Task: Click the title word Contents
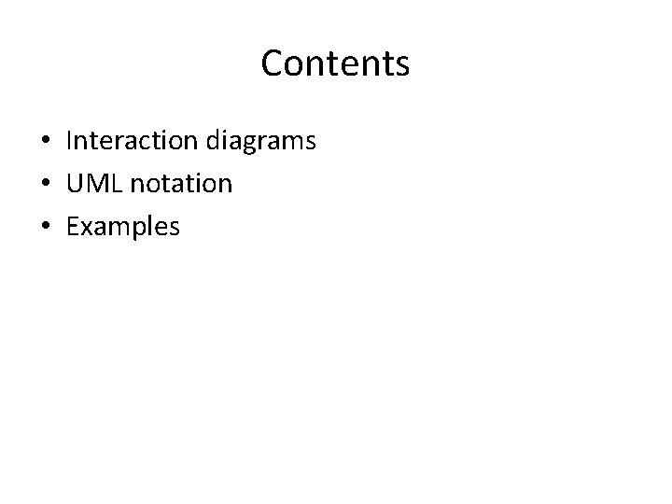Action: tap(335, 63)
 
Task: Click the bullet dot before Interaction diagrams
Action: tap(45, 142)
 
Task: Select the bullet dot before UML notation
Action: tap(45, 185)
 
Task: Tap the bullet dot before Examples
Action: tap(45, 227)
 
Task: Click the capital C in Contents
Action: tap(274, 63)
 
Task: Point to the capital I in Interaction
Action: tap(70, 141)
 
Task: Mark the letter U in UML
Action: tap(76, 184)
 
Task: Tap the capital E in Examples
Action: tap(74, 226)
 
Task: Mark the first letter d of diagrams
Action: tap(207, 141)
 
